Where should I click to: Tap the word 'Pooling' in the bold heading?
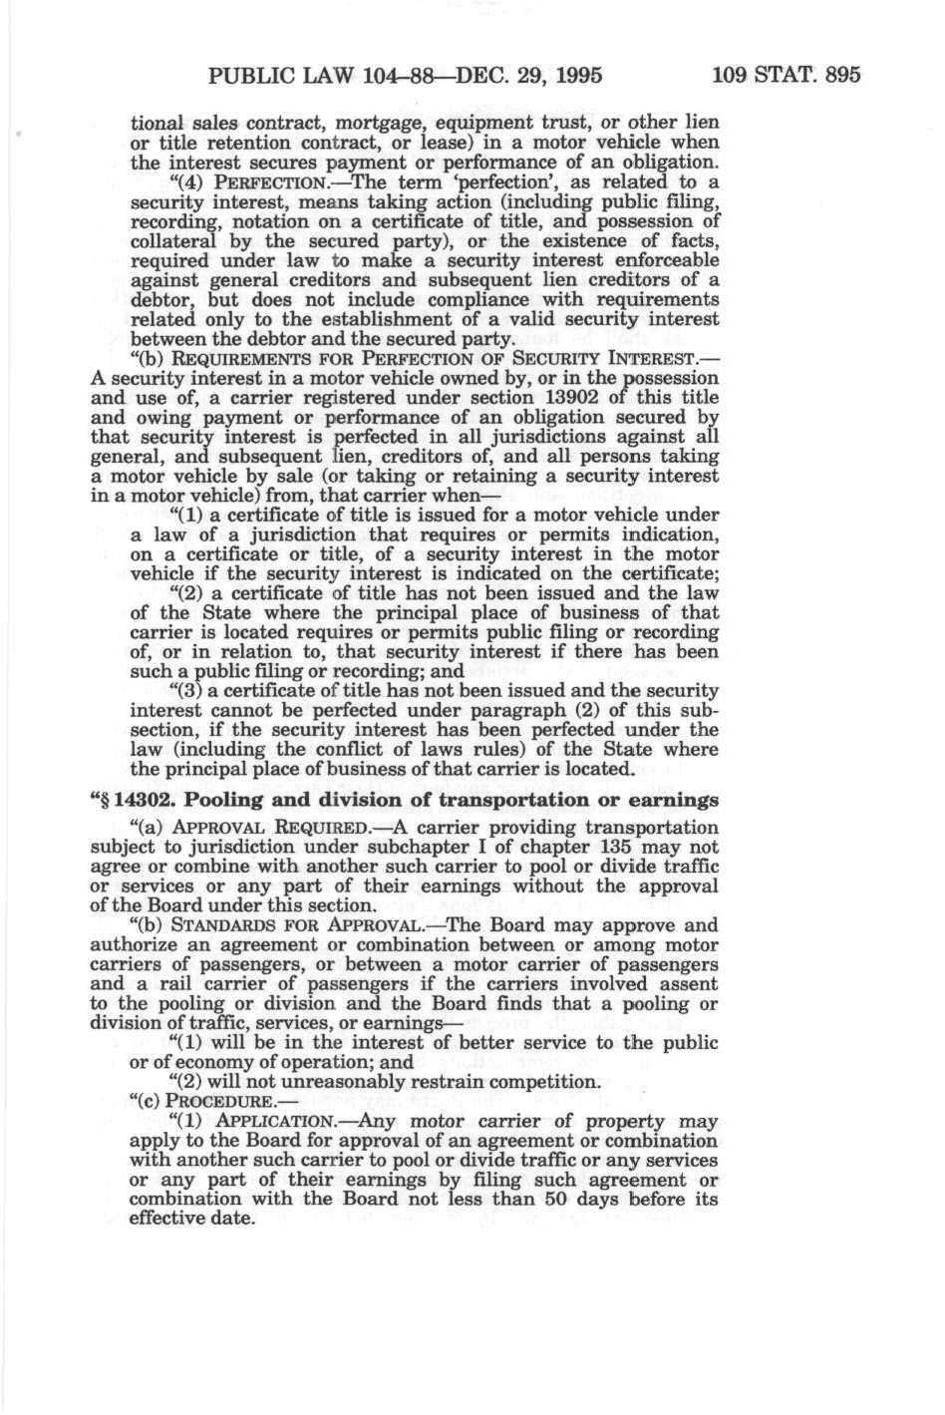224,801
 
